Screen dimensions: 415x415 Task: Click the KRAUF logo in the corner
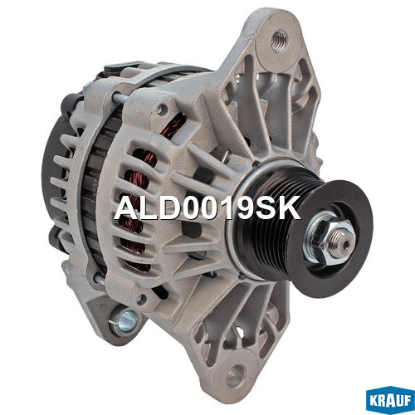pyautogui.click(x=390, y=402)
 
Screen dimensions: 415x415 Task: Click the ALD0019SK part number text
pyautogui.click(x=207, y=207)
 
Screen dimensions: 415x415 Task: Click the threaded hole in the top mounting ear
pyautogui.click(x=279, y=41)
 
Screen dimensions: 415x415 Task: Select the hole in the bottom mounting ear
pyautogui.click(x=236, y=376)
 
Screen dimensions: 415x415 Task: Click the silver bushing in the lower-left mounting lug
pyautogui.click(x=124, y=320)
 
